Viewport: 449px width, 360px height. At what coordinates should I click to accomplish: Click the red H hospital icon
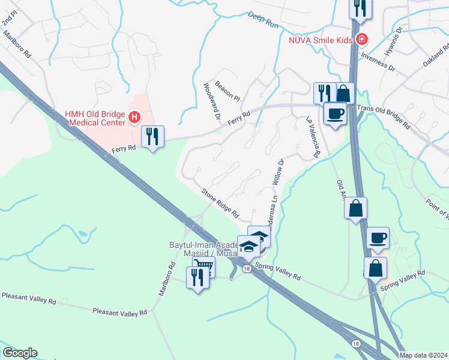pos(134,117)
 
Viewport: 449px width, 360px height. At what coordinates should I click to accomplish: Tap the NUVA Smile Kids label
pos(320,41)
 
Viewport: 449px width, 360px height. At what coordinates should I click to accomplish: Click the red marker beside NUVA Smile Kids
pos(361,41)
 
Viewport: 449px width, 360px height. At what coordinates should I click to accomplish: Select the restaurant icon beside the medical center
pos(152,137)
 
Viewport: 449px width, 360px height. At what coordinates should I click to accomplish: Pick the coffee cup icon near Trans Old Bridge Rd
pos(334,113)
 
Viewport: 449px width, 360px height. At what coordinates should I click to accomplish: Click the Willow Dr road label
pos(279,172)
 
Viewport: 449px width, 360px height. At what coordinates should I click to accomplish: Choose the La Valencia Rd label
pos(312,137)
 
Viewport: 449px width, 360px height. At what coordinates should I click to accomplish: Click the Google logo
pos(20,353)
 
